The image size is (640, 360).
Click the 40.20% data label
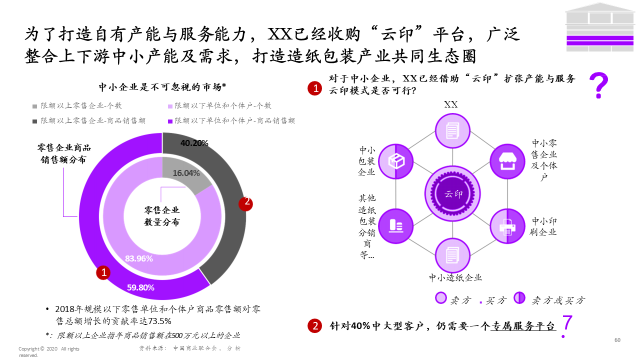(x=194, y=143)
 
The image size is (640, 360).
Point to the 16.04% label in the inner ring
(x=186, y=173)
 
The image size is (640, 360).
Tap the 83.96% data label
(x=139, y=258)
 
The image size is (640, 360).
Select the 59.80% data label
(x=140, y=287)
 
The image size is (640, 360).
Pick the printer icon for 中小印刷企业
(x=507, y=226)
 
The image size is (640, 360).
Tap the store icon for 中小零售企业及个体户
(x=507, y=160)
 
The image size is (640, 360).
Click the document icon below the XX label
(x=452, y=130)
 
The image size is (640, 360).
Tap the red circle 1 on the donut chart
(x=103, y=272)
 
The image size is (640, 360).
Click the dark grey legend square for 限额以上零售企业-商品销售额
(x=35, y=121)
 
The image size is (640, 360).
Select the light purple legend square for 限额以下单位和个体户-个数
(x=170, y=106)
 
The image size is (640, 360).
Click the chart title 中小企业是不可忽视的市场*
(x=162, y=86)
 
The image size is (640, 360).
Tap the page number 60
(x=617, y=340)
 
